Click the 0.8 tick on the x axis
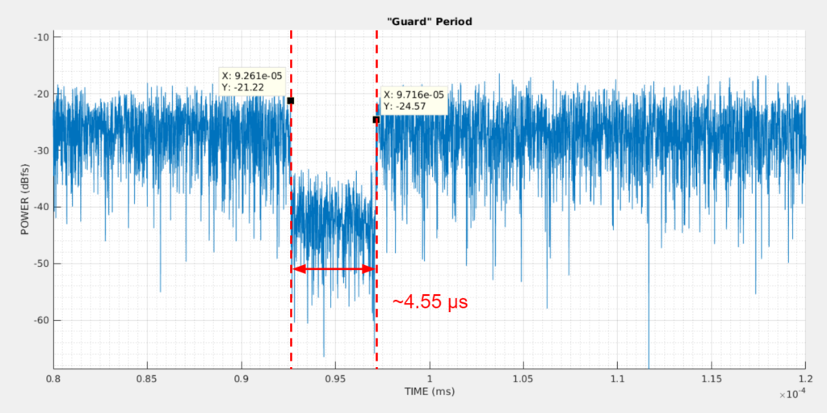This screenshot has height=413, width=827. point(54,379)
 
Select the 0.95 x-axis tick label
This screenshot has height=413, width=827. point(336,379)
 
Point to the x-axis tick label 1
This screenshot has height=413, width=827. point(430,379)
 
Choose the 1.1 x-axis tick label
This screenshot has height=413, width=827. point(618,379)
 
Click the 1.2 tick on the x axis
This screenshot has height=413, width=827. point(805,379)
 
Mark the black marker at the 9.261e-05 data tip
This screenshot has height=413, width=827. point(291,100)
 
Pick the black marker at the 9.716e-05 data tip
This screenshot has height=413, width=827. point(376,120)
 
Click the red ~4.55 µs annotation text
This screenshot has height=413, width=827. point(430,302)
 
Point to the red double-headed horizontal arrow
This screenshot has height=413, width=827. point(334,269)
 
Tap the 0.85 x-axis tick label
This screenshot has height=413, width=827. point(147,379)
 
